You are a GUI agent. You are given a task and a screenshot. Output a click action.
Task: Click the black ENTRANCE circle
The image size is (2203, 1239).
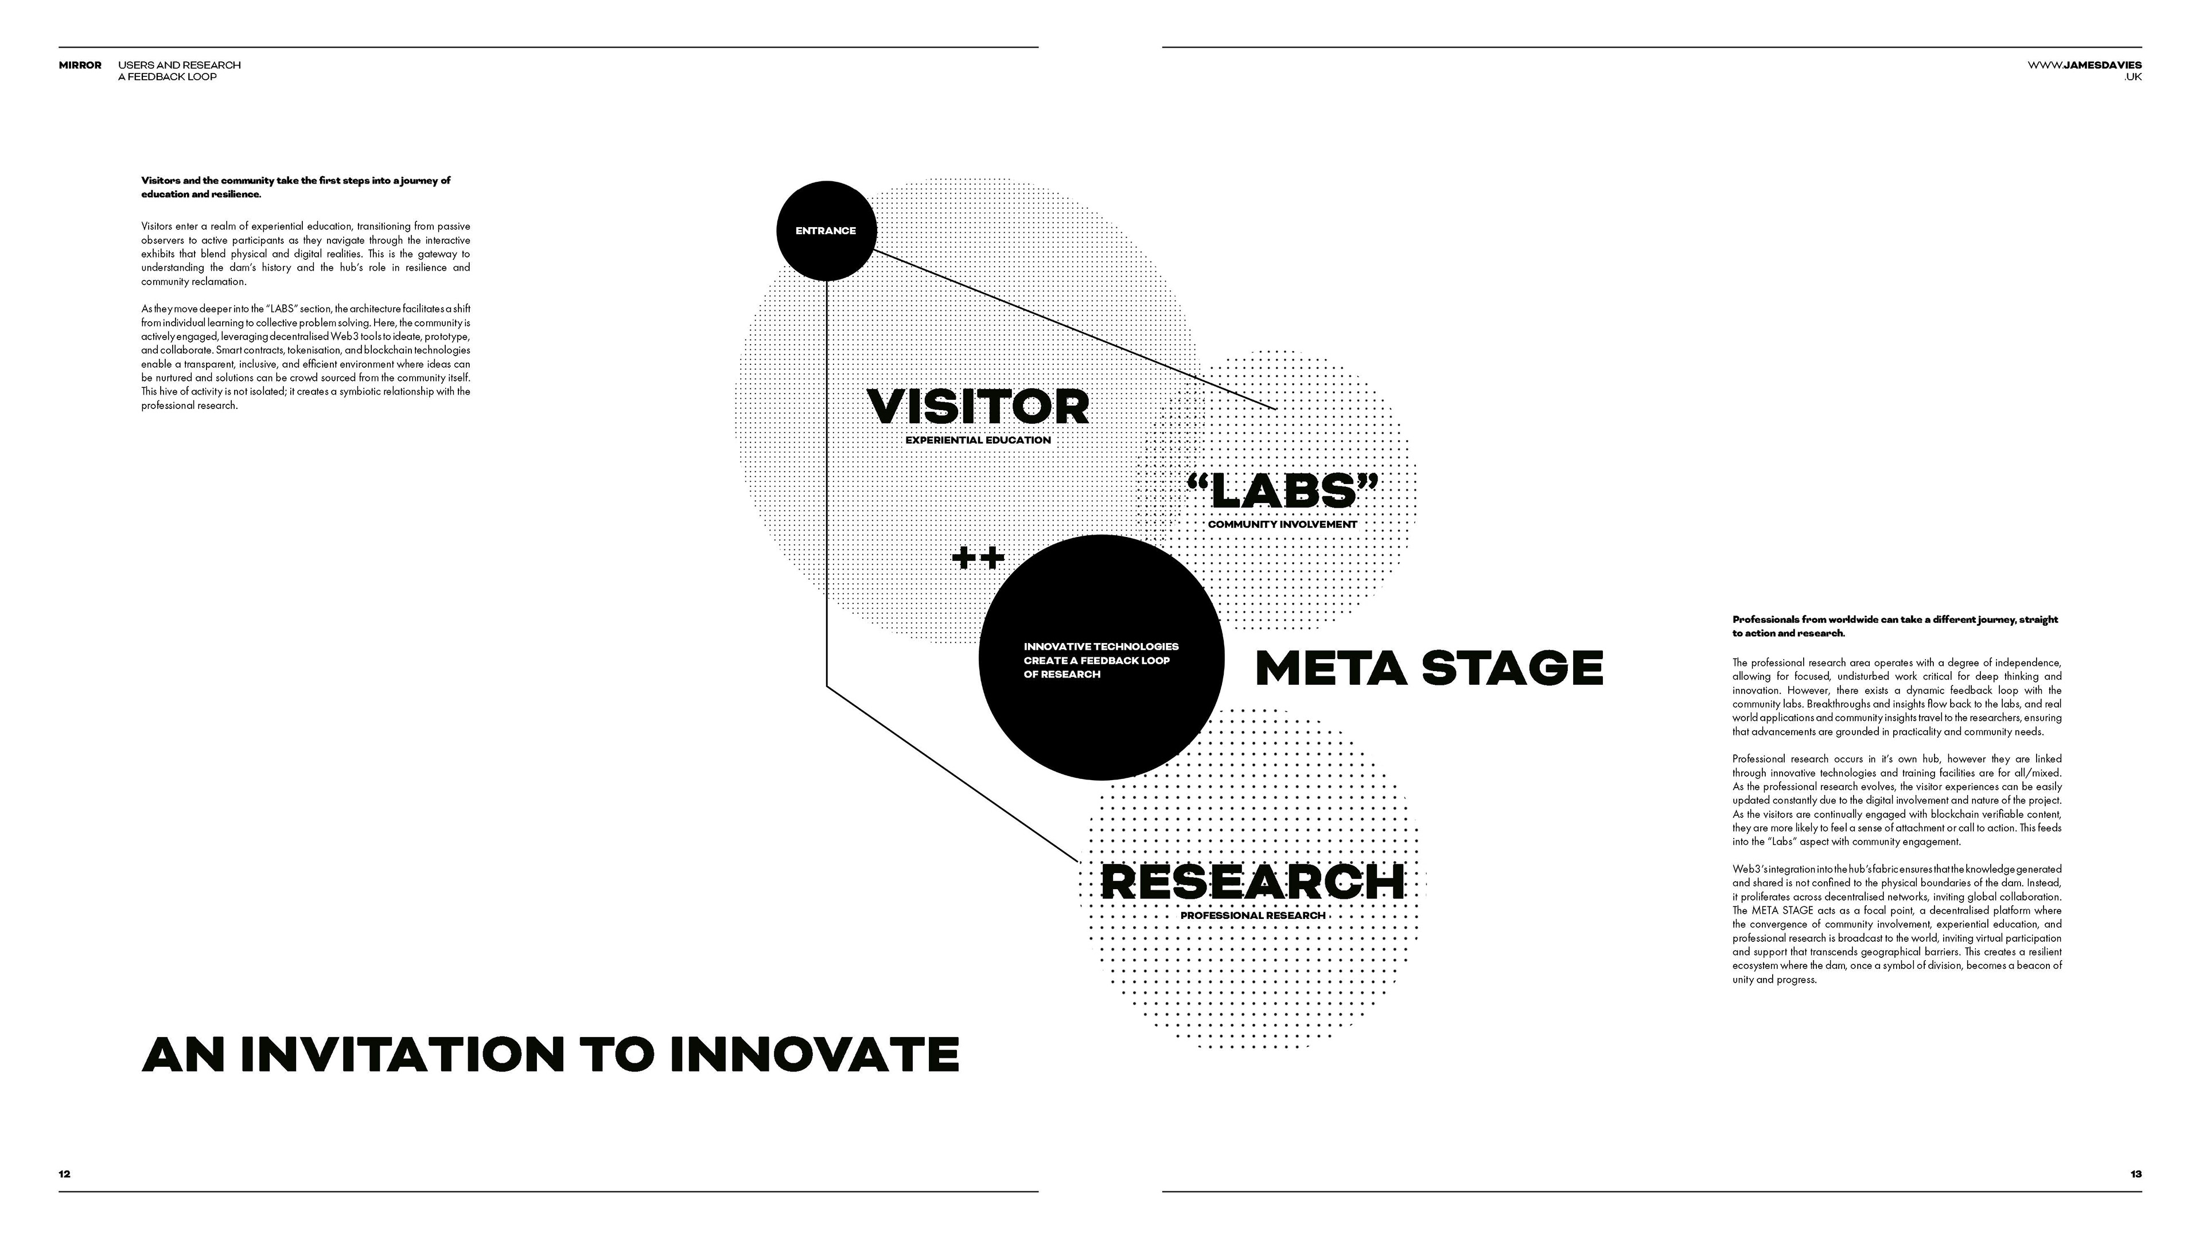point(826,230)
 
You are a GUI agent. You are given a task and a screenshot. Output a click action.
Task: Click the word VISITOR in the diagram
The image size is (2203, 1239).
point(978,407)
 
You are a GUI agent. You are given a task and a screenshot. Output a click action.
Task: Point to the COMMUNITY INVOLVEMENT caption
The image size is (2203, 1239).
point(1282,524)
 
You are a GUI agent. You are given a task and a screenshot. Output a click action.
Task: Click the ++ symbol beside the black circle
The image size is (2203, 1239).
point(978,558)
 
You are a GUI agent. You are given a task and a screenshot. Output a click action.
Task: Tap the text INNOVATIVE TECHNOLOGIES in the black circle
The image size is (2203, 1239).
point(1101,646)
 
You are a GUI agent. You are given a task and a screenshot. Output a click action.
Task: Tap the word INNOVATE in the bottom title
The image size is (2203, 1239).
point(814,1054)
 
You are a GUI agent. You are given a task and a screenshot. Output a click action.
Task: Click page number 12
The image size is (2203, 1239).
point(65,1174)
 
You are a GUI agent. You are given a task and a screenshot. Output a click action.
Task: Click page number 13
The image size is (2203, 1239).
point(2135,1174)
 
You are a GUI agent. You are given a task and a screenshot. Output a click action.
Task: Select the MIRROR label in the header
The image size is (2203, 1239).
point(80,65)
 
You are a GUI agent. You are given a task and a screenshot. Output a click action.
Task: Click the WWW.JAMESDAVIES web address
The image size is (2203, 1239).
point(2084,65)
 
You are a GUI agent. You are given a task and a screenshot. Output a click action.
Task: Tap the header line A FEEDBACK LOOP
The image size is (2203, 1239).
point(167,77)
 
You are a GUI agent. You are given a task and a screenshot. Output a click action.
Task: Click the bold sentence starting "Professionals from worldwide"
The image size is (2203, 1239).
point(1894,626)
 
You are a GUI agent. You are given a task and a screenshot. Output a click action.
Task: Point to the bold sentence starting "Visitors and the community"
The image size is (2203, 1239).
point(296,187)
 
